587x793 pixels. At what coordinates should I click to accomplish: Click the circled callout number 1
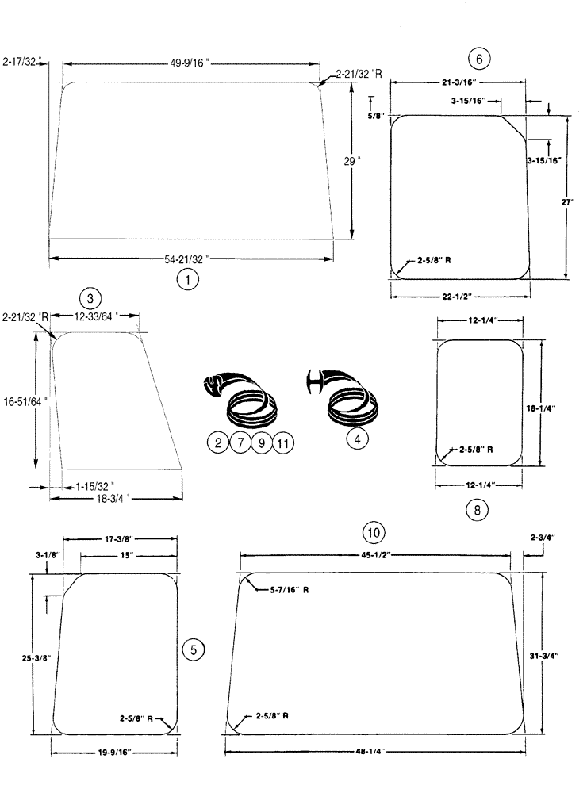(x=186, y=279)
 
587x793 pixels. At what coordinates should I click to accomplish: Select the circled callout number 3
(x=91, y=298)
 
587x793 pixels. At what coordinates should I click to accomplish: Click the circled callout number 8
(x=477, y=510)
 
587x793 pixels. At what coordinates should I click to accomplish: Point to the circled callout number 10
(x=374, y=530)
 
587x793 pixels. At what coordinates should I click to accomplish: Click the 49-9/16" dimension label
(x=190, y=63)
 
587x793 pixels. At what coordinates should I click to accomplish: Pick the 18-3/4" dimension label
(x=112, y=499)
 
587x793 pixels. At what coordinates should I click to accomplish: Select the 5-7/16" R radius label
(x=284, y=590)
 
